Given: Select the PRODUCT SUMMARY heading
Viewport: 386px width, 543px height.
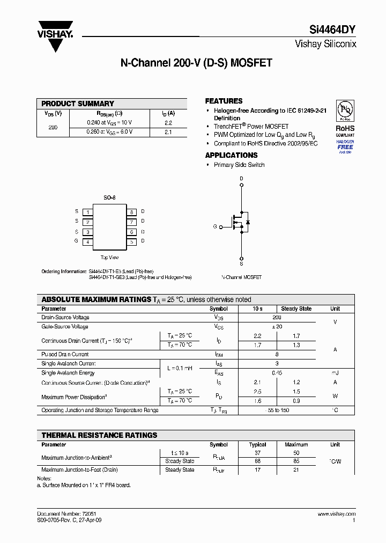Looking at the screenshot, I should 78,104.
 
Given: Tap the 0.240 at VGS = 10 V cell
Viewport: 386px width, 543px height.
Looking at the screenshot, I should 109,122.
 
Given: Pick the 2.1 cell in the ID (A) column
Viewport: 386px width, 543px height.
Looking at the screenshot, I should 168,131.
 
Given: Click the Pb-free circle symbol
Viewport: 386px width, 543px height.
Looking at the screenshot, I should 345,109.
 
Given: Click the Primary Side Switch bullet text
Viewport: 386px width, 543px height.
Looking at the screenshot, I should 239,165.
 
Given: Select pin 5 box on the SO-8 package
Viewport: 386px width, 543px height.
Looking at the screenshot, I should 131,242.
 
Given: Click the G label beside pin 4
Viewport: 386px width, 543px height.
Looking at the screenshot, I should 76,241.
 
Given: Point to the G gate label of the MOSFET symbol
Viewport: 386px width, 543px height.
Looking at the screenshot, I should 215,227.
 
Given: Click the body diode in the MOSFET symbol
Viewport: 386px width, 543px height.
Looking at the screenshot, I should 247,222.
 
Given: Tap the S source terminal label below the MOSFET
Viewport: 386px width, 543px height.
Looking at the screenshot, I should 241,263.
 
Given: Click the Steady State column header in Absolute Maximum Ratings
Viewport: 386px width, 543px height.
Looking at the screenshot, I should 296,309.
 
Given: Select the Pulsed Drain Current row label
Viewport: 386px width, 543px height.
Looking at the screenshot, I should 65,354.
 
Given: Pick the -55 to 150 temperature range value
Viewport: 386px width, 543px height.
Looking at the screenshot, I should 277,410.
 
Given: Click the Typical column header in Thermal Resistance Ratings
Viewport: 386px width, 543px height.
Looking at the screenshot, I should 258,444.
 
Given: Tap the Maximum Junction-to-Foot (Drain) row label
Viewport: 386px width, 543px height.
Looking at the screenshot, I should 79,469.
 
